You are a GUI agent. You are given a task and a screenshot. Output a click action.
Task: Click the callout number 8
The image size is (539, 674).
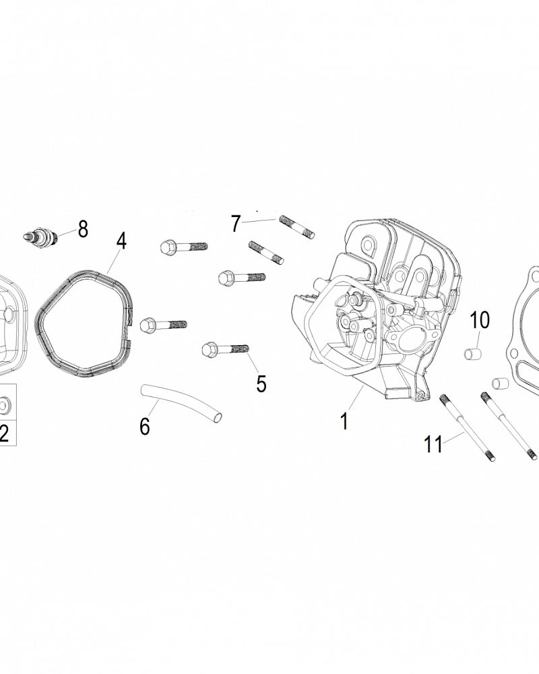(x=83, y=229)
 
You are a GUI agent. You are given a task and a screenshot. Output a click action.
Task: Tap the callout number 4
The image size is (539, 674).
(x=121, y=241)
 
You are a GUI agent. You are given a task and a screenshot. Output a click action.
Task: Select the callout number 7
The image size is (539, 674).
(x=236, y=223)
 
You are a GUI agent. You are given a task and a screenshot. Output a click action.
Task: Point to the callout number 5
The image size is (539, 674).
(x=261, y=383)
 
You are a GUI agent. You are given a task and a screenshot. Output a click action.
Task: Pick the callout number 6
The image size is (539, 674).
(x=144, y=426)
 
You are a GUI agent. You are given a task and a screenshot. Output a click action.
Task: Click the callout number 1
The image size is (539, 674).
(x=344, y=422)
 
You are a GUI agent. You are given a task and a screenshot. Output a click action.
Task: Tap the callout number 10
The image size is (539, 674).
(x=480, y=320)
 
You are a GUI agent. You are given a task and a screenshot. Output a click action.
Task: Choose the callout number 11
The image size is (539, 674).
(x=434, y=444)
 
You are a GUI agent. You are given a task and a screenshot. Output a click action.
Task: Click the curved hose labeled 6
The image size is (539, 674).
(x=180, y=403)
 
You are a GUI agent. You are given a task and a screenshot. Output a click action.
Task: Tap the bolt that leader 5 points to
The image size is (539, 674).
(x=225, y=349)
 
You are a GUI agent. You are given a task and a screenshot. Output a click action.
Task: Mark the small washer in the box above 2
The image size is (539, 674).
(x=5, y=405)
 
